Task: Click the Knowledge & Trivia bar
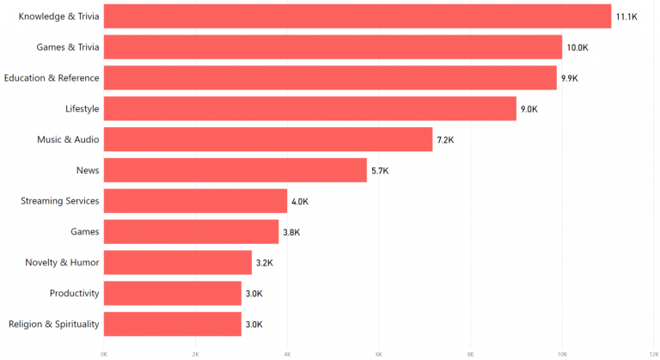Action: [x=357, y=16]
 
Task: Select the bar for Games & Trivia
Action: [x=333, y=47]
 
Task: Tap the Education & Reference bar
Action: [x=331, y=78]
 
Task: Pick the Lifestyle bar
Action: [x=310, y=108]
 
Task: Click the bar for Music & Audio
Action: [x=268, y=139]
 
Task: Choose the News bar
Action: [x=235, y=170]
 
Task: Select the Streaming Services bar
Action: [x=196, y=201]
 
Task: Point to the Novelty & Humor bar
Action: [x=178, y=262]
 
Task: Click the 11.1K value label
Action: [x=626, y=16]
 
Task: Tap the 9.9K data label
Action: [x=570, y=78]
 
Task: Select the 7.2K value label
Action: [x=445, y=139]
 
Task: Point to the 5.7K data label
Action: [x=380, y=170]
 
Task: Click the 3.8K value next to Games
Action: [x=292, y=232]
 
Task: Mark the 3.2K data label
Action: [x=265, y=262]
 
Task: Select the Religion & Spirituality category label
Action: [x=53, y=324]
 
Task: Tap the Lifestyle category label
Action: [x=82, y=108]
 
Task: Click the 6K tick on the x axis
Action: [x=379, y=353]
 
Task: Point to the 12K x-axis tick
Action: [x=654, y=353]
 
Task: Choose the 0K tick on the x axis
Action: [x=104, y=353]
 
